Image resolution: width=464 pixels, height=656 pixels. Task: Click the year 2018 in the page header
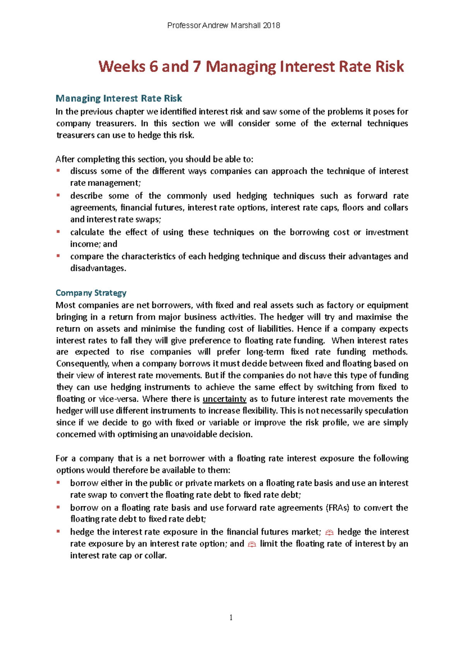pos(271,26)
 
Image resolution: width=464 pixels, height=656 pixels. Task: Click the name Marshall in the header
pos(245,26)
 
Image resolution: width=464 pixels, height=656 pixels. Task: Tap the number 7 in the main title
pos(197,66)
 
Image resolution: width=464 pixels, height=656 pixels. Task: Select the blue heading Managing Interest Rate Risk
pos(119,99)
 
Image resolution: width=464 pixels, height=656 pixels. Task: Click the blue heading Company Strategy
pos(91,293)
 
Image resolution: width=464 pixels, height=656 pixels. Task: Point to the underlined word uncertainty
pos(224,399)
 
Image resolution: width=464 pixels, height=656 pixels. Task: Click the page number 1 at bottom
pos(231,617)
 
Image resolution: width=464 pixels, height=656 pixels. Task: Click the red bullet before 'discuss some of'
pos(58,170)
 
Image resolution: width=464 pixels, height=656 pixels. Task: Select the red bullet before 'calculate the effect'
pos(58,231)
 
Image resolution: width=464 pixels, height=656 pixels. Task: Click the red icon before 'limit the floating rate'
pos(252,544)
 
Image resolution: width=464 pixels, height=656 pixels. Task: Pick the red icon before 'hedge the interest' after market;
pos(329,533)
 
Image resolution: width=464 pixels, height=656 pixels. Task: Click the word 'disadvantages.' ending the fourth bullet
pos(98,268)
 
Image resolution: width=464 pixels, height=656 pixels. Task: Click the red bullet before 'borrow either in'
pos(58,482)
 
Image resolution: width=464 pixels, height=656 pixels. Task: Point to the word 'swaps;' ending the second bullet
pos(148,219)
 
